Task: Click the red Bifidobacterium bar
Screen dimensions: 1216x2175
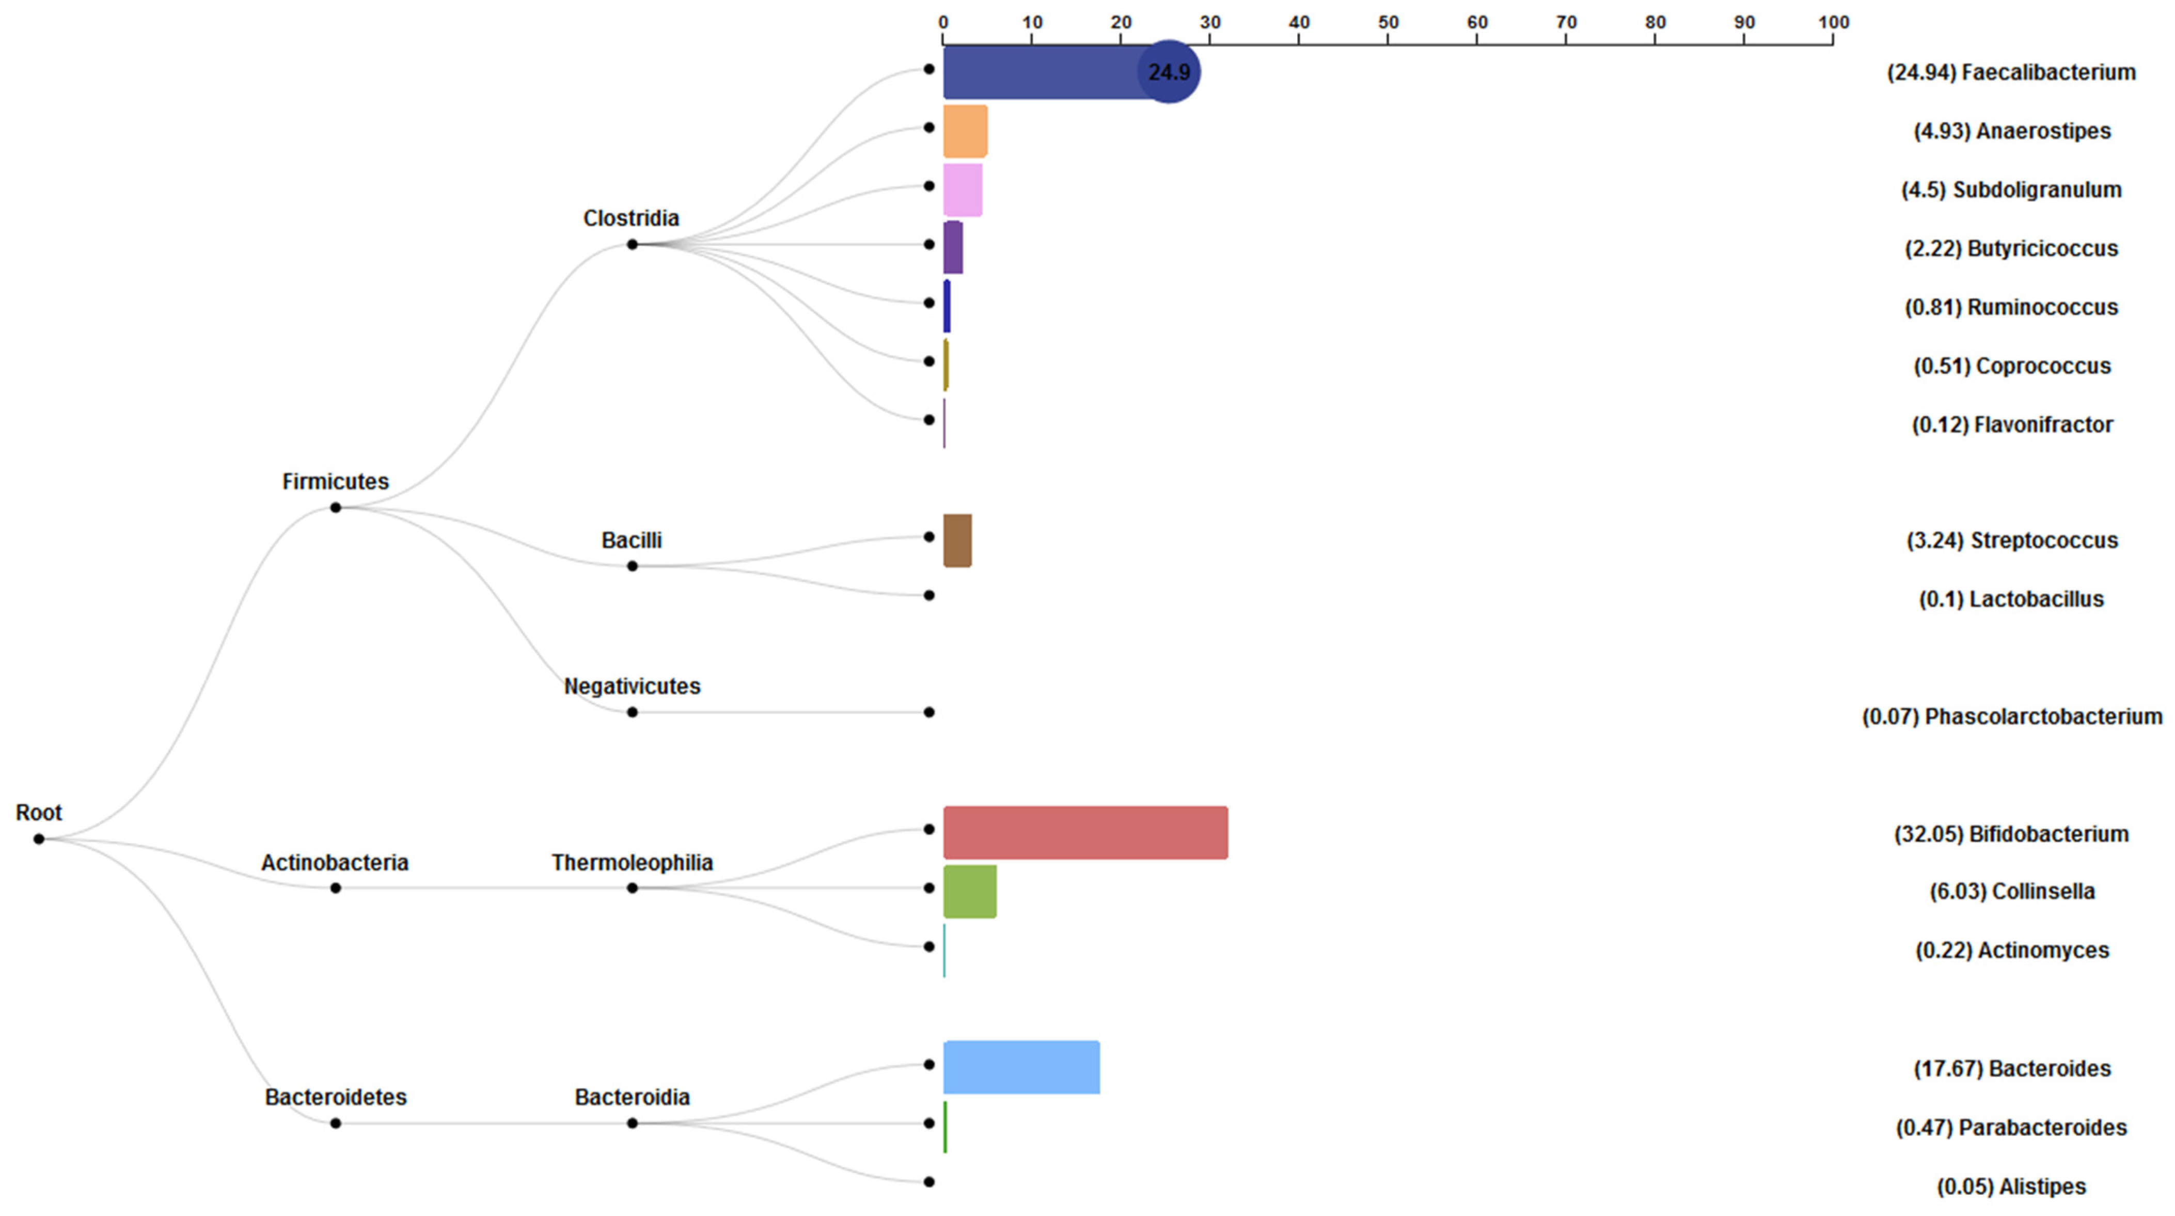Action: [x=1085, y=833]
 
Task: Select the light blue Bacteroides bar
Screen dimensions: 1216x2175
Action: [x=1021, y=1067]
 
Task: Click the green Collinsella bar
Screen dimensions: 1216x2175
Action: [x=969, y=891]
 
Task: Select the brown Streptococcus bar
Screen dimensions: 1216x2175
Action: [x=957, y=541]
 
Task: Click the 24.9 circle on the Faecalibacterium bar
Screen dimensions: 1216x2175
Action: [x=1169, y=72]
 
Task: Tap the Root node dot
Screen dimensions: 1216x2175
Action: [x=39, y=839]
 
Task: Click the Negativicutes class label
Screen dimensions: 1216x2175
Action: [x=632, y=686]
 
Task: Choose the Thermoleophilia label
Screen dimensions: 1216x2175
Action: [x=632, y=862]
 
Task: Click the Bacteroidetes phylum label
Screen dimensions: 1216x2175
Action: [x=335, y=1097]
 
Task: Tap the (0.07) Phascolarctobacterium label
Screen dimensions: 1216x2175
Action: [x=2012, y=716]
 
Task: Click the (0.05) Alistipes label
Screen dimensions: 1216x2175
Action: [x=2011, y=1187]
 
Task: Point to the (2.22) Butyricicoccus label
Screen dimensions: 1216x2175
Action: [x=2011, y=248]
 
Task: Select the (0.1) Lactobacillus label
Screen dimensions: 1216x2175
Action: [x=2011, y=599]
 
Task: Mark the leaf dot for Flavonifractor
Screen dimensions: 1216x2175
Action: [x=929, y=420]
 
